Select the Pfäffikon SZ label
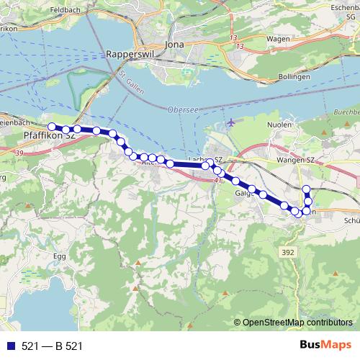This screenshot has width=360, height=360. click(50, 135)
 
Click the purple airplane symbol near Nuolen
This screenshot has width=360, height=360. click(230, 122)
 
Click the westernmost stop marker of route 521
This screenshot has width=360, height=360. click(52, 127)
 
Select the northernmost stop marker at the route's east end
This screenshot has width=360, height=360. click(307, 189)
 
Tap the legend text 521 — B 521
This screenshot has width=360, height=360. click(51, 346)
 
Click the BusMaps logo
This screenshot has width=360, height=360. click(325, 346)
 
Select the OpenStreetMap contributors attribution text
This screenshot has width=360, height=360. click(297, 322)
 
